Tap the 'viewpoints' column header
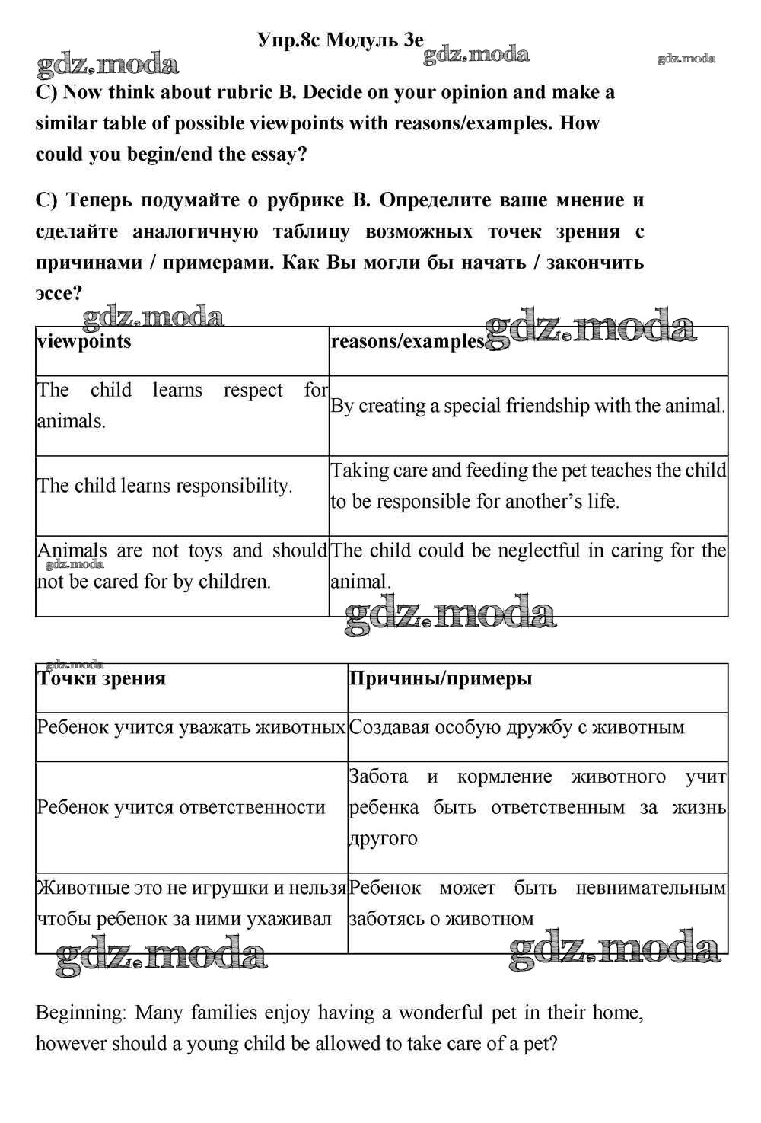point(84,341)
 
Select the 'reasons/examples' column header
point(407,342)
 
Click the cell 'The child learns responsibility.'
point(165,486)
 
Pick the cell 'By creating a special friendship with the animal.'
point(527,406)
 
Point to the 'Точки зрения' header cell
point(101,678)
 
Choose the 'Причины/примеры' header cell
point(441,678)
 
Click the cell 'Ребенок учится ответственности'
point(181,807)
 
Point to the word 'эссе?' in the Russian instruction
point(59,293)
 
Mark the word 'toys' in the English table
point(205,550)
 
